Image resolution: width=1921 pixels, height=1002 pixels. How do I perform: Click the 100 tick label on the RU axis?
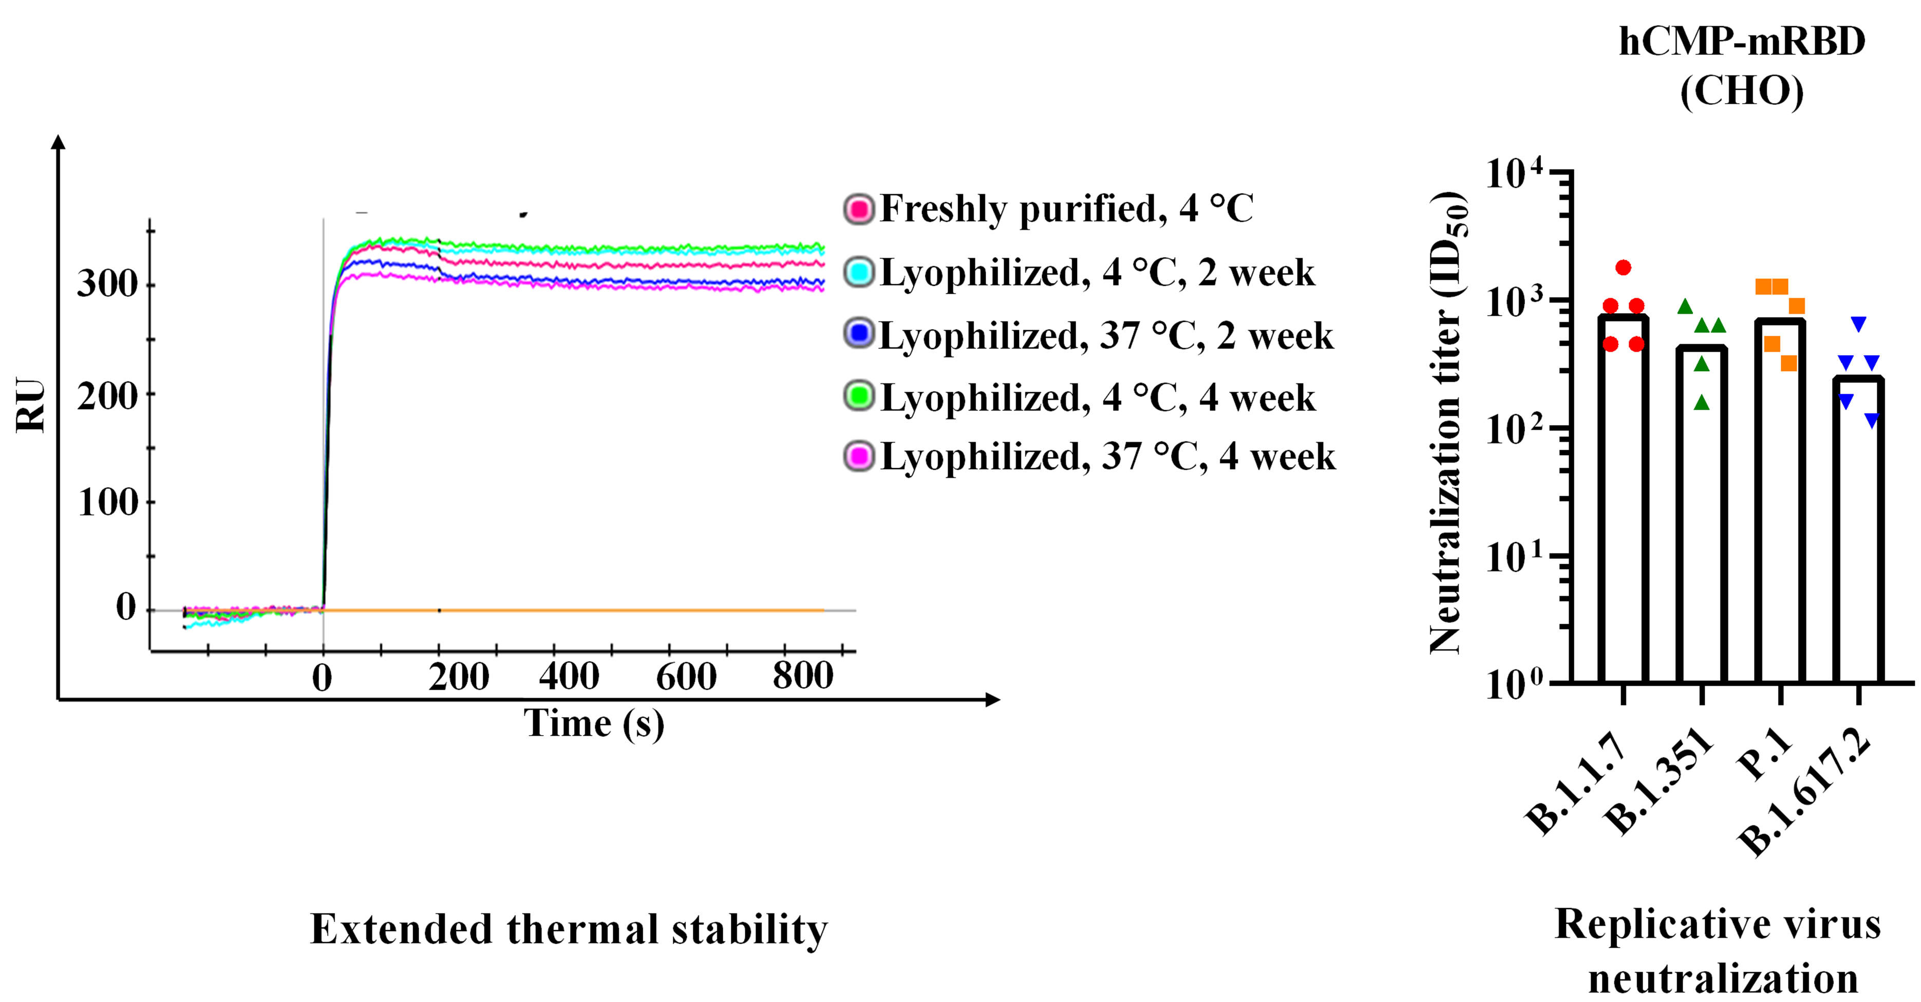click(x=108, y=503)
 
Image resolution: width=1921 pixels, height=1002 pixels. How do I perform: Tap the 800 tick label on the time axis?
click(x=802, y=676)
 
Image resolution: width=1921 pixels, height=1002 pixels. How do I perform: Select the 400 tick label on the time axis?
click(x=569, y=676)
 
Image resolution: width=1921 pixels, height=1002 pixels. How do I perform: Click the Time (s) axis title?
click(x=594, y=723)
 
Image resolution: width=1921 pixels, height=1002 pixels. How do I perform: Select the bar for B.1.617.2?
click(x=1859, y=529)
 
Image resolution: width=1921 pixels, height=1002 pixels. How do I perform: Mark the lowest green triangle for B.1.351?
click(x=1701, y=402)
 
